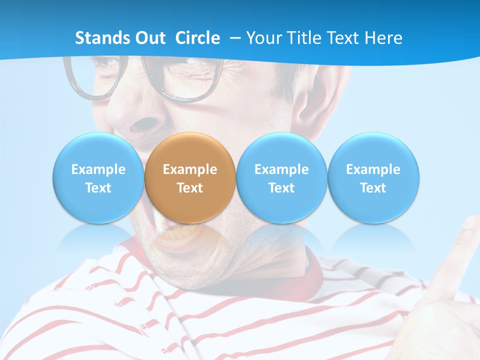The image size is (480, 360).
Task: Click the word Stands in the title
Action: coord(103,38)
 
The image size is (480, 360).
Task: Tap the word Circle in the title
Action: coord(197,38)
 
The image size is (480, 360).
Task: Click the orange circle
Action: coord(190,178)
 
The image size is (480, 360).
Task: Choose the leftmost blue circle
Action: coord(98,178)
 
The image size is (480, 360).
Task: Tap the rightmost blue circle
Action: coord(373,178)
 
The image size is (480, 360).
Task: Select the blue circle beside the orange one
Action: coord(281,178)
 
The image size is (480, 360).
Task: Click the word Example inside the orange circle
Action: coord(190,169)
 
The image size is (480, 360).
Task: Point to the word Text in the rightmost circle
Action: coord(373,188)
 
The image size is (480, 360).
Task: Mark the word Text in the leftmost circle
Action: coord(98,188)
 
